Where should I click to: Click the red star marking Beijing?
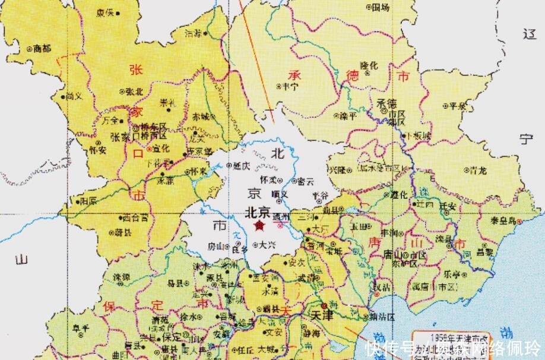(259, 226)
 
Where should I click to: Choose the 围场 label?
(381, 8)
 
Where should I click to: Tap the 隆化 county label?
(369, 65)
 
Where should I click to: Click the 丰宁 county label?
(290, 86)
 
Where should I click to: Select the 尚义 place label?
(73, 96)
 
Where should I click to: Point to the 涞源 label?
(122, 277)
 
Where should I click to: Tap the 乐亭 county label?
(451, 275)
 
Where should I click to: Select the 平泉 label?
(457, 106)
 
